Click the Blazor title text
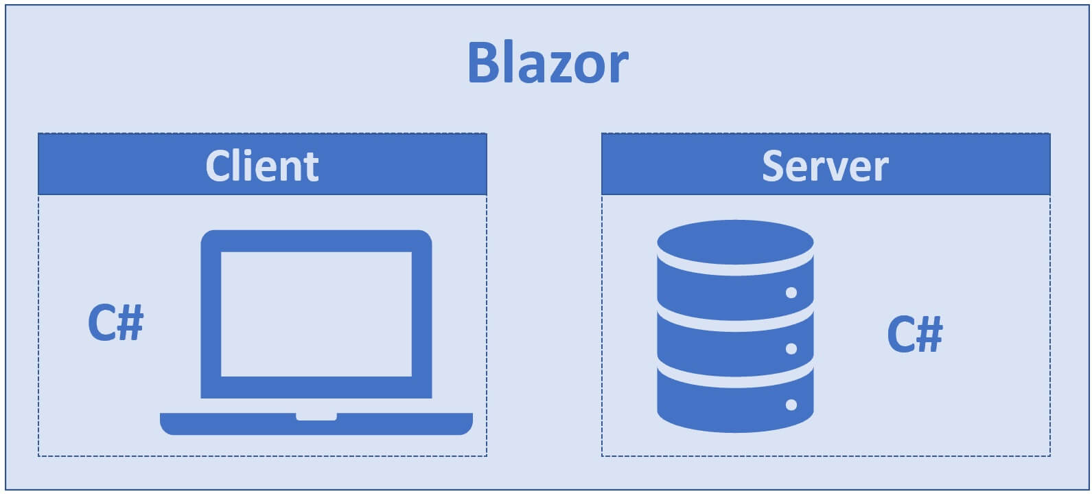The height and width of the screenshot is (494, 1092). coord(548,63)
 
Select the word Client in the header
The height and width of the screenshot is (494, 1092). coord(262,166)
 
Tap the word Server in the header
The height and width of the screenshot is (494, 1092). coord(825,166)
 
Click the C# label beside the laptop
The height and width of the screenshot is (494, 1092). coord(115,322)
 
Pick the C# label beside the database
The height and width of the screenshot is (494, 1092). coord(915,334)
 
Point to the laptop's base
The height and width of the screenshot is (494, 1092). coord(316,424)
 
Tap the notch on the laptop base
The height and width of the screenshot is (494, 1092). coord(316,416)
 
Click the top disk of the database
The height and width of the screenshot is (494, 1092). coord(735,242)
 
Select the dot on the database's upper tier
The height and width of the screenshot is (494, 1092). coord(791,293)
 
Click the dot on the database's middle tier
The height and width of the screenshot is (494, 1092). coord(791,348)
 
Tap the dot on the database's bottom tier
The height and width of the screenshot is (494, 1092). coord(791,405)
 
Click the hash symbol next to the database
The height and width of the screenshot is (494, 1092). coord(930,333)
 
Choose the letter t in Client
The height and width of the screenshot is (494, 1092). coord(312,168)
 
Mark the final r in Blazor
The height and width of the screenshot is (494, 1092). coord(619,67)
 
